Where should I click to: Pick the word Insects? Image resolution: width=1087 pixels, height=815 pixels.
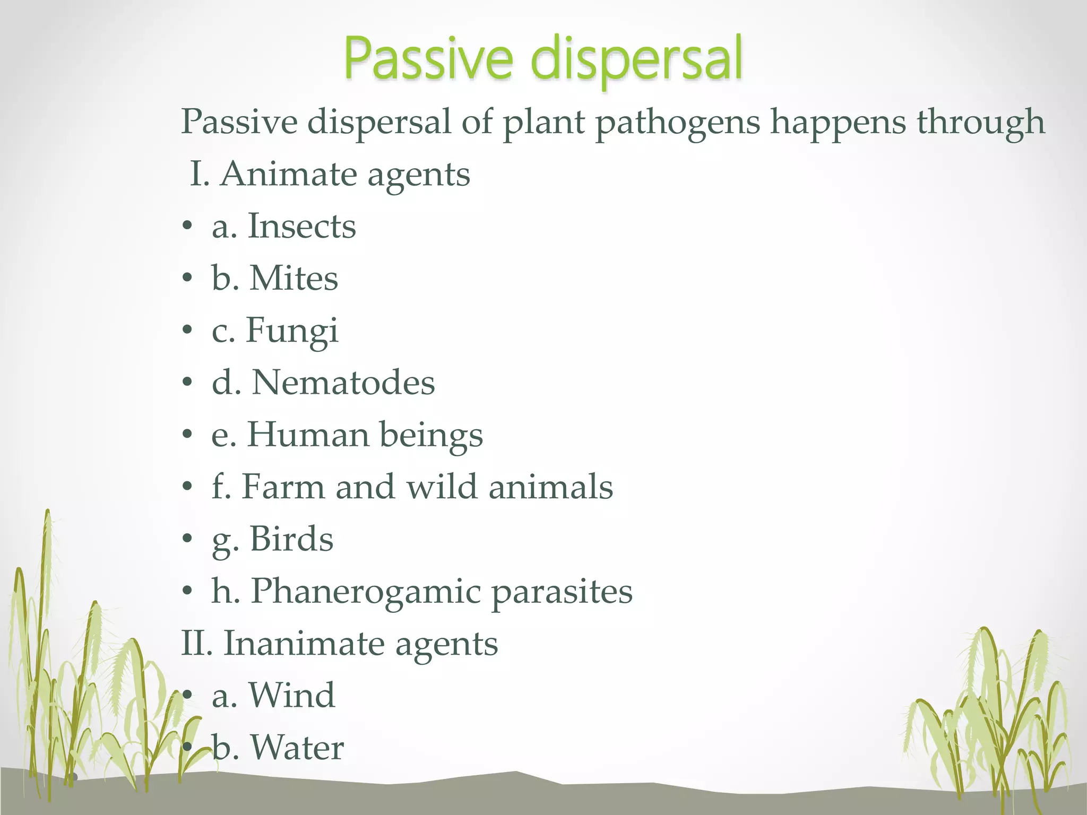(301, 226)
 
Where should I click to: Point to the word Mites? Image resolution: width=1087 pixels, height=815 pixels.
(293, 278)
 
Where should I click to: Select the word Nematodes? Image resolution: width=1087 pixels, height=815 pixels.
(343, 383)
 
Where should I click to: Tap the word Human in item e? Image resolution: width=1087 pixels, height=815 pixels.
(308, 435)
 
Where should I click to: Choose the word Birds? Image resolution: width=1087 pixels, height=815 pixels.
(291, 539)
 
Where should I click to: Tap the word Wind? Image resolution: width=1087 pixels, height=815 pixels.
(291, 695)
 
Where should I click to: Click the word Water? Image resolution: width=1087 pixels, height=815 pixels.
(297, 747)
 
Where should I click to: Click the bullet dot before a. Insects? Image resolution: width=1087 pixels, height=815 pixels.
(186, 227)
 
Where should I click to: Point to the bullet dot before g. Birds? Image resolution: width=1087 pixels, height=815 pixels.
(186, 540)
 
